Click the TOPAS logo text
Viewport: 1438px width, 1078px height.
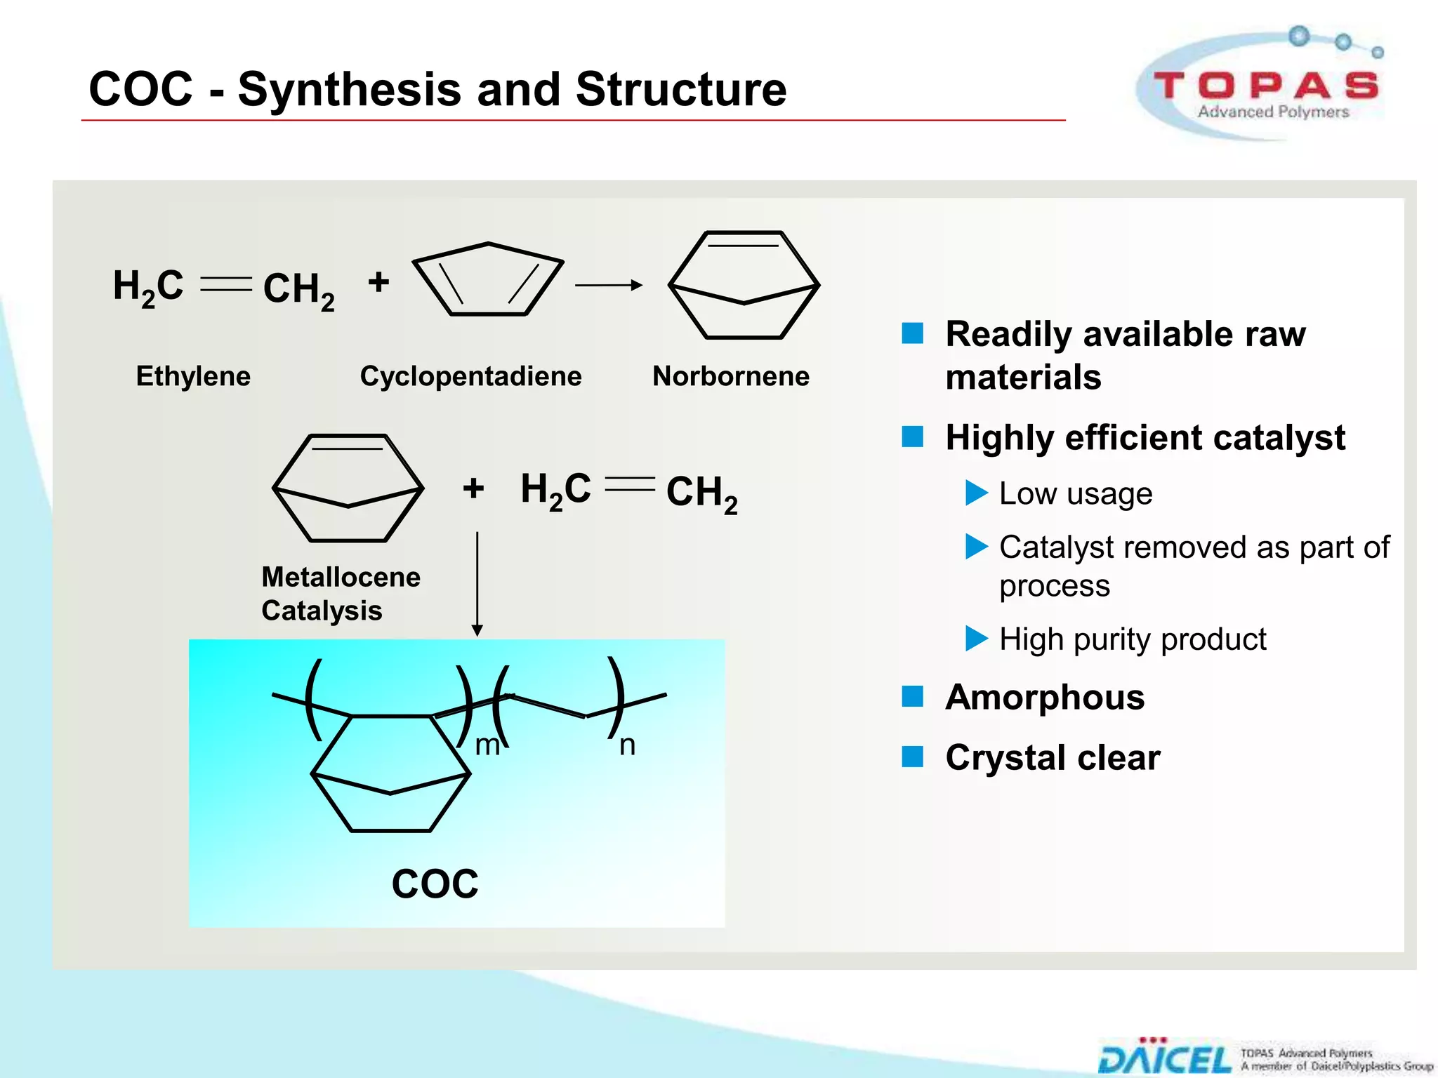pos(1266,86)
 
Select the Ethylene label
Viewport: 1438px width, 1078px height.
pos(193,376)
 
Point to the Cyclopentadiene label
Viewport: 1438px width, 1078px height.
pos(470,376)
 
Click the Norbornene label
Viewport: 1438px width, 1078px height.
pos(730,376)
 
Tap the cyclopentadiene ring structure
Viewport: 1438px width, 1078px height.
pos(488,281)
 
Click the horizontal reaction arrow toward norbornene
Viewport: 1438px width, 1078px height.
pos(608,285)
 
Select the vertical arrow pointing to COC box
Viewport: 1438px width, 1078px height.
pos(477,583)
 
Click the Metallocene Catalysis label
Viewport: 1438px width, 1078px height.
pos(341,594)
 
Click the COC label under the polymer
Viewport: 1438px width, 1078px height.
pos(435,884)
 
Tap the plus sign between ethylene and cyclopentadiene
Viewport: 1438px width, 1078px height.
pos(378,283)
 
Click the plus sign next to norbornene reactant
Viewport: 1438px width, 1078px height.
pos(473,488)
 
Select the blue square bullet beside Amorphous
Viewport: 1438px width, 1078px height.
pos(912,697)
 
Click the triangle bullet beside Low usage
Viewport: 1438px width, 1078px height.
pos(976,493)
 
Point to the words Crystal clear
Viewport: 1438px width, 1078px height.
pos(1053,758)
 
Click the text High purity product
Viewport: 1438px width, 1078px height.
pos(1132,639)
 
